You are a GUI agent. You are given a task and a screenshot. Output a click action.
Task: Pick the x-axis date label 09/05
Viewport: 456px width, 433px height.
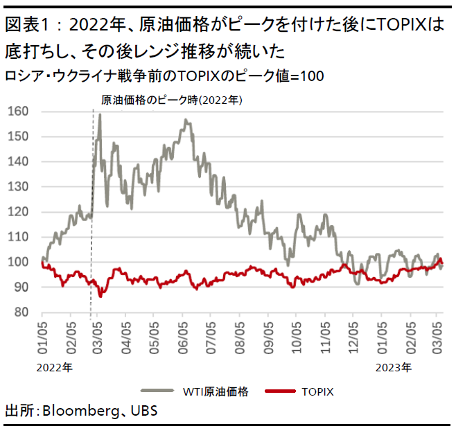268,335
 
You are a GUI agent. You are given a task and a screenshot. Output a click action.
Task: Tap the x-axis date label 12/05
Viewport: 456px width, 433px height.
353,335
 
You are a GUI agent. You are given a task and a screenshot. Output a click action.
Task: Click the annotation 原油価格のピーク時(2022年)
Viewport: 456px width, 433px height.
171,100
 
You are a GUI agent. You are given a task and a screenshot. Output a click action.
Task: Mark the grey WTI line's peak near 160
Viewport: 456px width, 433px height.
100,115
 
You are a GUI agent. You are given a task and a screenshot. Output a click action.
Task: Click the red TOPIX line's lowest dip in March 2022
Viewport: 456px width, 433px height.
100,296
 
